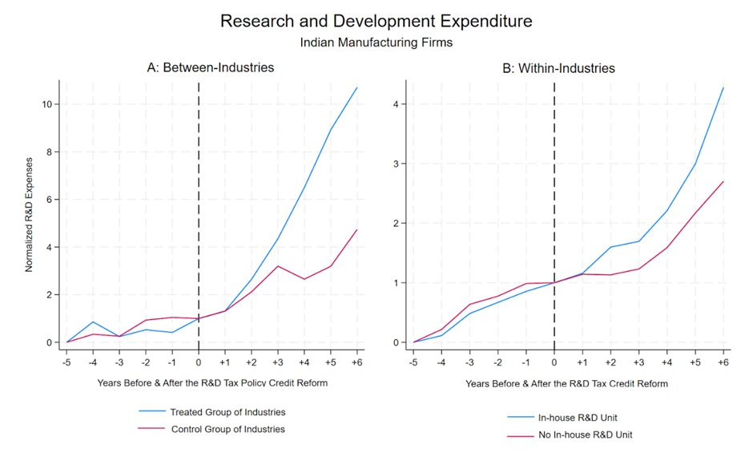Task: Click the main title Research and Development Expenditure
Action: click(x=376, y=21)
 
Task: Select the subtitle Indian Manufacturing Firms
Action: click(x=376, y=42)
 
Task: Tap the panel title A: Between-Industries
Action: click(x=211, y=68)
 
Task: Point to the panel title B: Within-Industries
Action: click(x=558, y=69)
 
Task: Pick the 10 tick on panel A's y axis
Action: click(x=48, y=104)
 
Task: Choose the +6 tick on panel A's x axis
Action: click(x=356, y=361)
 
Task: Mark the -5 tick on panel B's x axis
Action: click(x=413, y=362)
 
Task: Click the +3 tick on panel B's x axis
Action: click(x=639, y=362)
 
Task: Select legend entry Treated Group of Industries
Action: click(x=228, y=412)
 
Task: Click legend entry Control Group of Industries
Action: click(x=228, y=429)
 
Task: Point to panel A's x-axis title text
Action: click(x=202, y=383)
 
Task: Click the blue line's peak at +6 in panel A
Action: click(x=356, y=87)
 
